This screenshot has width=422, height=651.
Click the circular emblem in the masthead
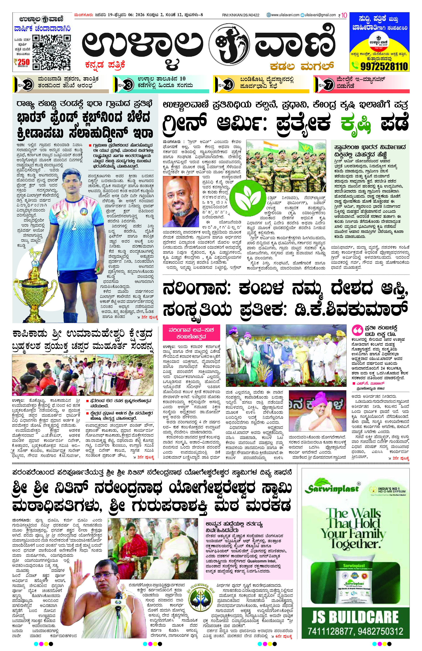[x=232, y=42]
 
